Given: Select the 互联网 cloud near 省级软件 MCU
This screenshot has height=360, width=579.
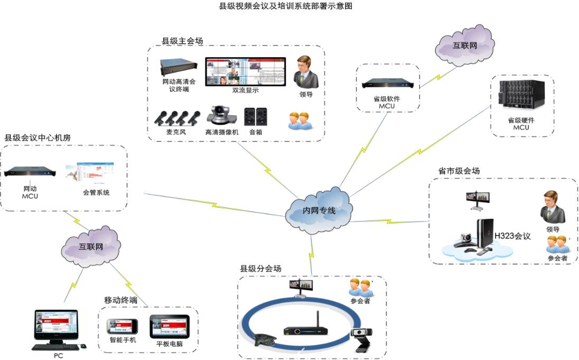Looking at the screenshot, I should (x=464, y=45).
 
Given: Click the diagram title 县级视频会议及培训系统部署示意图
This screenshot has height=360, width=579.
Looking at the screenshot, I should (x=285, y=6).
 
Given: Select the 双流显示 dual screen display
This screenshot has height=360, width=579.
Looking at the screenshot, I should (x=245, y=71).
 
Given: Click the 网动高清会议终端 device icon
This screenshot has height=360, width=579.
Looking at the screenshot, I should (x=179, y=68).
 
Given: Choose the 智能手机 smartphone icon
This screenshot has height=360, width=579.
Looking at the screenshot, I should (x=122, y=326).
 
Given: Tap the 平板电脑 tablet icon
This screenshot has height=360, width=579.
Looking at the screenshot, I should (x=169, y=326).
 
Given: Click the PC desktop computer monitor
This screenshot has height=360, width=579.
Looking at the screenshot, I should (x=56, y=326).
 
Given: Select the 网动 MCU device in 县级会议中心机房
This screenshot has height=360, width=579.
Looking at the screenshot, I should (x=30, y=173).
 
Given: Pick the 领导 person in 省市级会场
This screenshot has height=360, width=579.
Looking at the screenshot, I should (x=553, y=208).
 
